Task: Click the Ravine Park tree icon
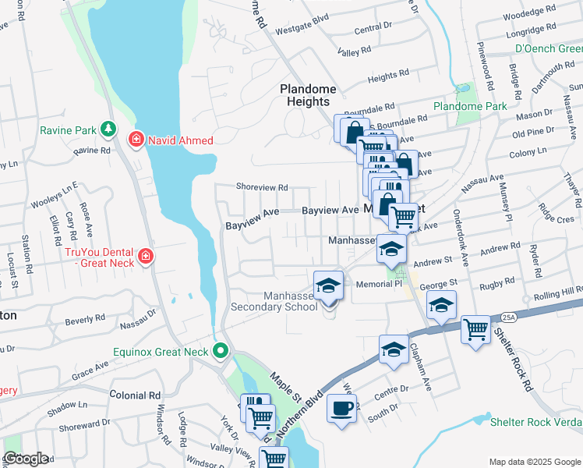point(109,128)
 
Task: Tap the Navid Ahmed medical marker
point(136,140)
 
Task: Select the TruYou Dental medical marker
point(146,256)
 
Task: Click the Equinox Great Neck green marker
point(221,352)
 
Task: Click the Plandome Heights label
point(308,95)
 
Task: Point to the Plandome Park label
point(470,106)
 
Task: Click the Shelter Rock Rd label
point(517,364)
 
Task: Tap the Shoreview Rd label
point(263,187)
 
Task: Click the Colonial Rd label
point(134,395)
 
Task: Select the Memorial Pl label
point(377,285)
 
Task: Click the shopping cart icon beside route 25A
point(475,328)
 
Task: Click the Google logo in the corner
point(26,459)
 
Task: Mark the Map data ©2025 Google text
point(534,462)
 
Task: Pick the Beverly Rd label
point(85,320)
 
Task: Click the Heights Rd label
point(383,78)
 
